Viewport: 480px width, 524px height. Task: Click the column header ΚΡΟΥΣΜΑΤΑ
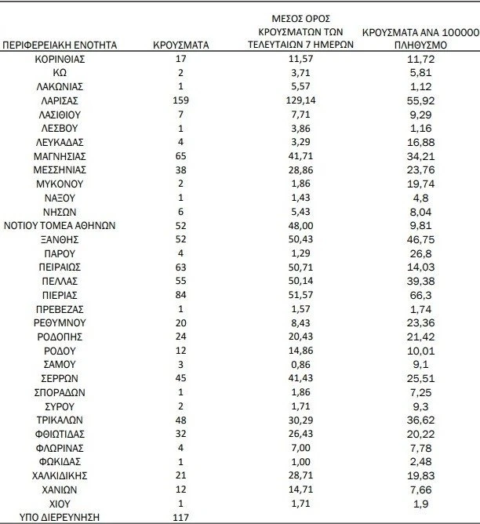click(181, 45)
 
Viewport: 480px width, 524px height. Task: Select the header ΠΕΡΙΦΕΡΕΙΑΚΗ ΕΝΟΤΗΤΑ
click(60, 45)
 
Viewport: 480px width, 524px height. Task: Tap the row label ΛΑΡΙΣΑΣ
click(60, 100)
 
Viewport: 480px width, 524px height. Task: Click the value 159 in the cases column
click(181, 100)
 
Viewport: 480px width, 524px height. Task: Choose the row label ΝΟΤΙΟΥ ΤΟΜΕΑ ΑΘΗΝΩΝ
click(60, 224)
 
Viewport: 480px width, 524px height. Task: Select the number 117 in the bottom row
click(181, 516)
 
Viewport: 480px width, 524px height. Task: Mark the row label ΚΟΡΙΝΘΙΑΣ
click(60, 60)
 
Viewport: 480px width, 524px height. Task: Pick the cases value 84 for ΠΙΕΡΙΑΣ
click(181, 293)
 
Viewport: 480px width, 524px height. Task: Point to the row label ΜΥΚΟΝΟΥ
click(60, 184)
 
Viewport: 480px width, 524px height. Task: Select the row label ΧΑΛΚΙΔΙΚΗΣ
click(60, 475)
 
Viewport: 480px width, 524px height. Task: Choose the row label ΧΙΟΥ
click(60, 502)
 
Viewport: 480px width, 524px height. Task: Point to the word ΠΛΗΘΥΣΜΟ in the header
click(420, 46)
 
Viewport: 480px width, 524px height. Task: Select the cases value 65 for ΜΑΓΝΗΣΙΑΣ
click(181, 155)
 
